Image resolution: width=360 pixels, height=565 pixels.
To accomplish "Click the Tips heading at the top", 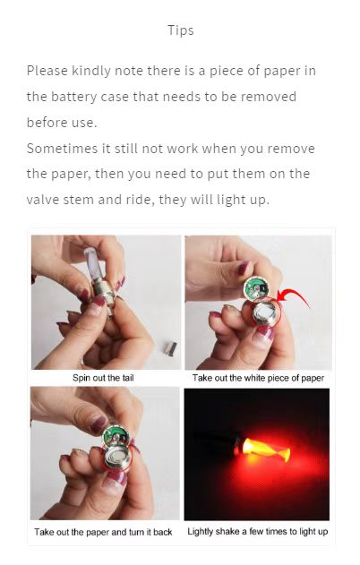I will point(180,30).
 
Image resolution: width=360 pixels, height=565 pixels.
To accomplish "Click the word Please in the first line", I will point(47,71).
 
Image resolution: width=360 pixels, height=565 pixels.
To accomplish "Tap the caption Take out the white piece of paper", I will point(258,378).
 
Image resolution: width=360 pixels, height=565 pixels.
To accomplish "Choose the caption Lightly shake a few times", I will point(258,532).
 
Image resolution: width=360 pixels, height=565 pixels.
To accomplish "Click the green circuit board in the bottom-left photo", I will point(114,437).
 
